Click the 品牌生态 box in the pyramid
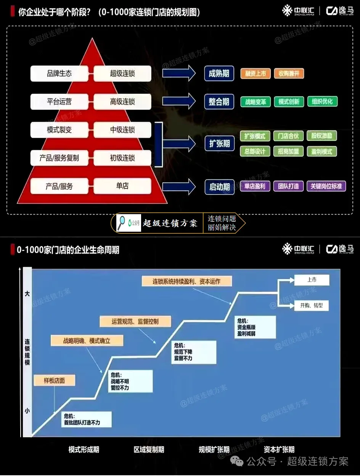(x=59, y=73)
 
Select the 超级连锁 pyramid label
(x=122, y=73)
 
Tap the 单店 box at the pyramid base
(x=122, y=186)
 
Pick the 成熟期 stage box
(x=219, y=73)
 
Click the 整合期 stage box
(x=219, y=102)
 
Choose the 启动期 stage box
(x=219, y=187)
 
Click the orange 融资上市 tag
(x=255, y=73)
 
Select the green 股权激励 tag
(x=322, y=136)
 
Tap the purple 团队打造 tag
(x=288, y=186)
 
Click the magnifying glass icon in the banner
(x=122, y=223)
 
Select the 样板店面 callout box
(x=54, y=381)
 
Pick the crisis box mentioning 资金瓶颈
(x=255, y=327)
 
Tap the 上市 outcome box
(x=312, y=280)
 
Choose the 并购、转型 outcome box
(x=312, y=305)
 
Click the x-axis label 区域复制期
(x=149, y=450)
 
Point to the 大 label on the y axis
(x=27, y=294)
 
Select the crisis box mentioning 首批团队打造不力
(x=87, y=419)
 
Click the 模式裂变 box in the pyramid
(x=59, y=130)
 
